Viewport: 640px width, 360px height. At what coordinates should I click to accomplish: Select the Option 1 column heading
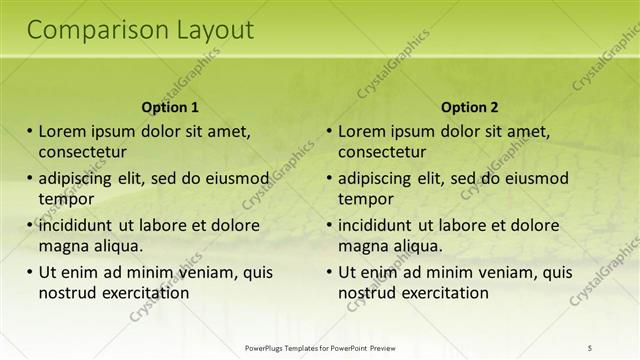click(170, 107)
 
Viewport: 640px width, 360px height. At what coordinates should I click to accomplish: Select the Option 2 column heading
click(469, 107)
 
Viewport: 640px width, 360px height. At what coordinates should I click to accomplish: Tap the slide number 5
click(589, 347)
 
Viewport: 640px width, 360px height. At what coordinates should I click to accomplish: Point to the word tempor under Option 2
click(365, 198)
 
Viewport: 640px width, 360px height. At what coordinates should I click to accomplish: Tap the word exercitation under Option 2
click(446, 293)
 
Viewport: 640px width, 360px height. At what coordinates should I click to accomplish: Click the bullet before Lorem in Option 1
click(30, 131)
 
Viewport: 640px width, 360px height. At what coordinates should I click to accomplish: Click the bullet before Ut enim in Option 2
click(330, 272)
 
